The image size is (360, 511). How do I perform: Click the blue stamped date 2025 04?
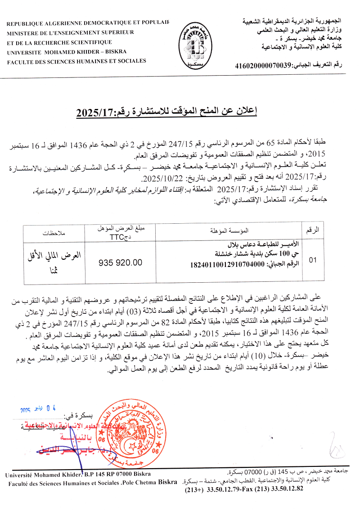[38, 409]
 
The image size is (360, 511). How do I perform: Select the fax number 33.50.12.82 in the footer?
[286, 490]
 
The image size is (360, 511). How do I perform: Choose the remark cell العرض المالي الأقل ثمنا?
[54, 260]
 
